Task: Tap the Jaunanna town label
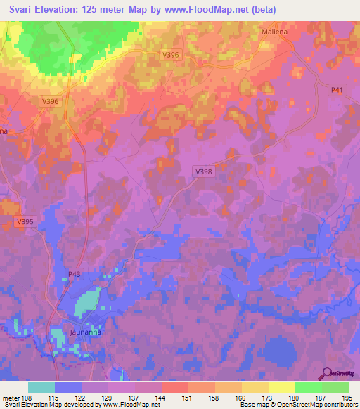click(86, 332)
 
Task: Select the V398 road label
click(203, 171)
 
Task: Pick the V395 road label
click(24, 222)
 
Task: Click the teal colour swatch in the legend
click(41, 387)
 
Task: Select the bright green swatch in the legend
click(308, 387)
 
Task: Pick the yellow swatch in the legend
click(281, 387)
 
